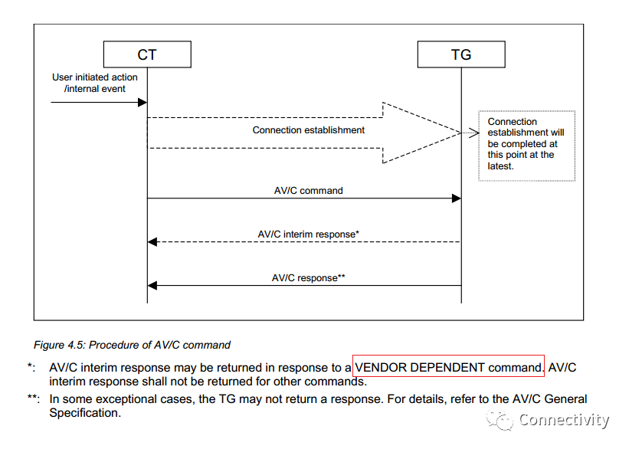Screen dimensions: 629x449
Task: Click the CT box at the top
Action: click(147, 54)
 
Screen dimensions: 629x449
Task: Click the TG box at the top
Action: click(461, 54)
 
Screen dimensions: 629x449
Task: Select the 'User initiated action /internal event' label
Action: click(95, 83)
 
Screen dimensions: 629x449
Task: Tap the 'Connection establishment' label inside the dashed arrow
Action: click(309, 130)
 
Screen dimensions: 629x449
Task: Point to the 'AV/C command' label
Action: click(309, 191)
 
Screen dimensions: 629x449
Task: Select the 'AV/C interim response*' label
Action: click(309, 234)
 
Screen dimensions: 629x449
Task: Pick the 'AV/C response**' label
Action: click(309, 277)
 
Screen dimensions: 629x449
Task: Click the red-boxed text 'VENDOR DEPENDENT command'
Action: click(448, 367)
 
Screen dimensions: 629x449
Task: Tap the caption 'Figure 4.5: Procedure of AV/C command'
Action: click(132, 345)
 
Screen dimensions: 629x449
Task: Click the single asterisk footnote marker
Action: click(31, 367)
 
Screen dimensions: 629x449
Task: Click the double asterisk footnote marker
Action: click(33, 398)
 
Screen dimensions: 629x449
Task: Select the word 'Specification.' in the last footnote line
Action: click(85, 413)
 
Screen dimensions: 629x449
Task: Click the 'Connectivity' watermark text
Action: click(564, 420)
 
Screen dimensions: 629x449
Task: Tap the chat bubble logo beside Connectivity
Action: click(500, 420)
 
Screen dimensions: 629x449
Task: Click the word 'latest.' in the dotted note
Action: click(500, 166)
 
